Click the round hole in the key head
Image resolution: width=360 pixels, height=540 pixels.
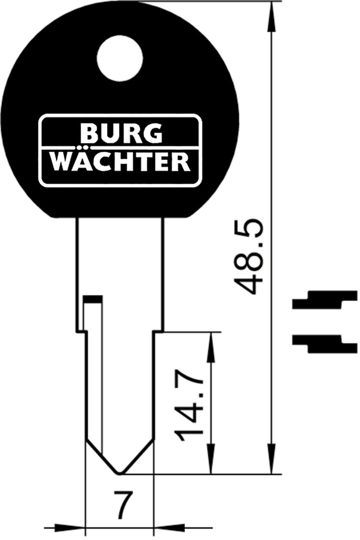pyautogui.click(x=120, y=58)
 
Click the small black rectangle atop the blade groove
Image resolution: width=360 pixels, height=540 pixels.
pyautogui.click(x=93, y=299)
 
